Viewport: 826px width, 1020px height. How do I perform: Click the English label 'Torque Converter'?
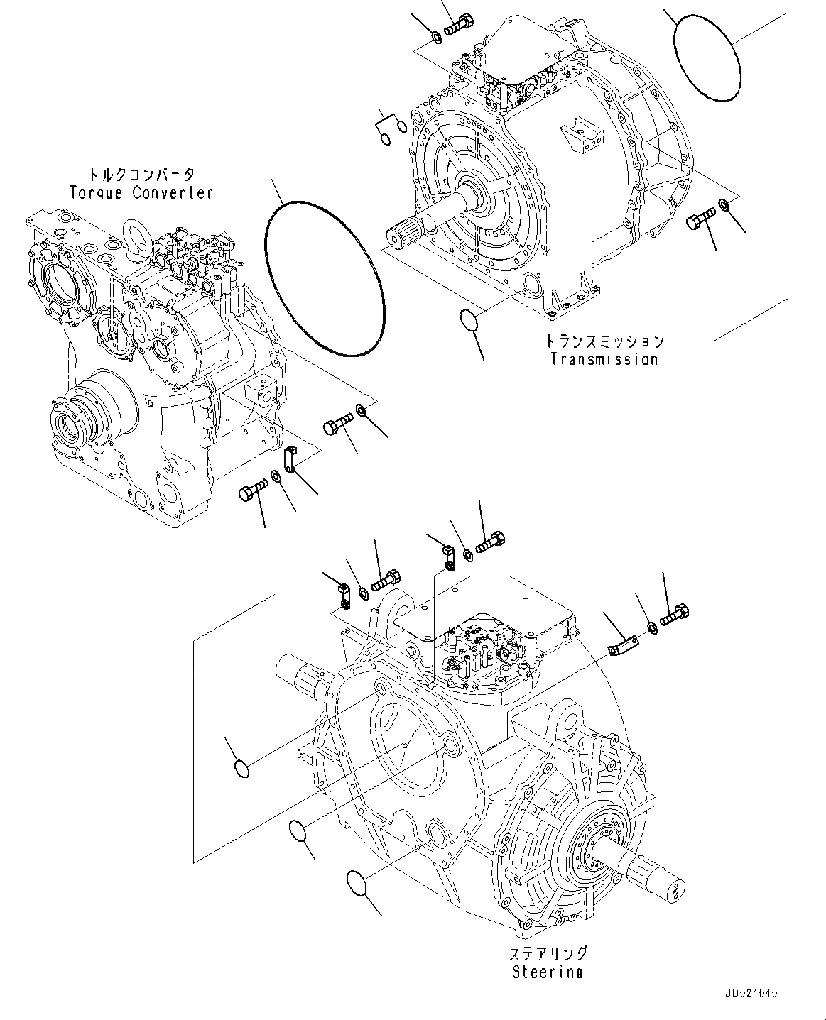141,192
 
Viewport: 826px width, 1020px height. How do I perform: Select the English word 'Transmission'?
604,358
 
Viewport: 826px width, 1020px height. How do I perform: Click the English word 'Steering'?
547,972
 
